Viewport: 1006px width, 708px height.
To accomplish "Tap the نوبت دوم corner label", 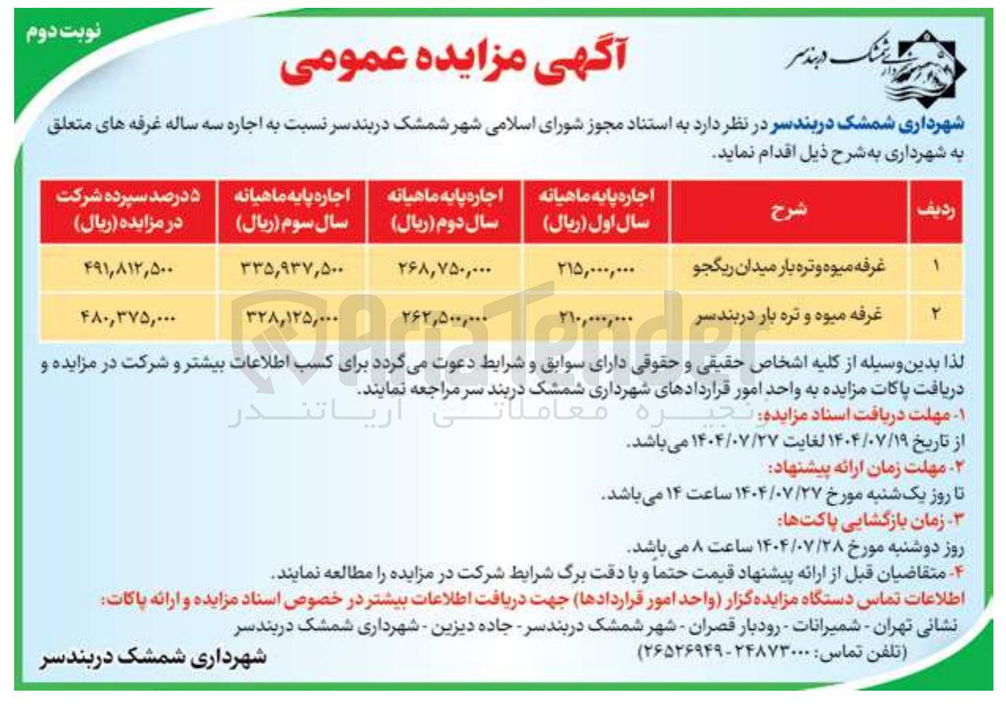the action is [x=59, y=34].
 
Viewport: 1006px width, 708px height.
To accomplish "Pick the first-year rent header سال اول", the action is [x=596, y=211].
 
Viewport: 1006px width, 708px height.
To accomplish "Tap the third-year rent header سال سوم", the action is [x=290, y=211].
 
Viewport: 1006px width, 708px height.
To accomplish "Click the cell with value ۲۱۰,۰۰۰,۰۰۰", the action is [x=596, y=315].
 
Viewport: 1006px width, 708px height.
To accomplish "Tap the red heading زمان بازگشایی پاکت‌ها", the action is [x=878, y=520].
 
